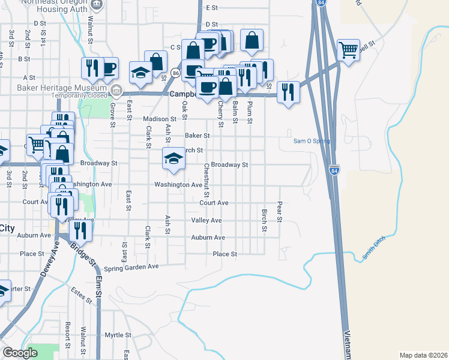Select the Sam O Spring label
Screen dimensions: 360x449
[311, 142]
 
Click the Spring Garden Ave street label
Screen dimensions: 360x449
[131, 266]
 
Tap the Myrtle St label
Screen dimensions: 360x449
[118, 335]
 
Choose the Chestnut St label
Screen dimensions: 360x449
[206, 180]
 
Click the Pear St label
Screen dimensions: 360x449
[280, 211]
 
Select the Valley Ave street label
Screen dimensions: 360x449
[206, 221]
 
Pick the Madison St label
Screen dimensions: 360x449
[159, 119]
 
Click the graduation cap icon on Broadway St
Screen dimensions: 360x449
[173, 158]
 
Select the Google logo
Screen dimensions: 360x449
[20, 353]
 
